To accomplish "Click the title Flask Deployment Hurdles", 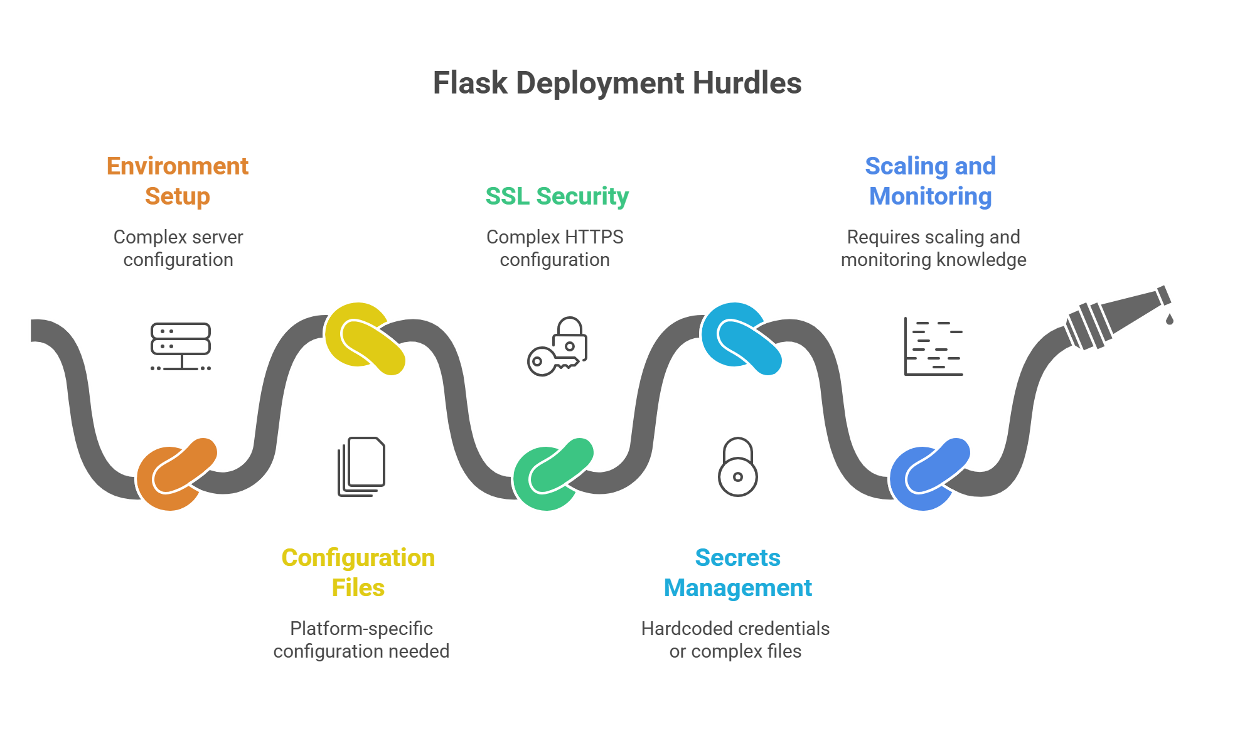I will click(617, 83).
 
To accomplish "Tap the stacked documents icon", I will click(362, 467).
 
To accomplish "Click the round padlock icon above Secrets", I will click(738, 467).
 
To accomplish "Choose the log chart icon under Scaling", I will click(933, 346).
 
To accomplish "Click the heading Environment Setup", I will click(178, 181).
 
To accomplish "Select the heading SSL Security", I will click(557, 196).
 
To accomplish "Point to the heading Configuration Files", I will click(358, 572).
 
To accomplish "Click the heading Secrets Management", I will click(738, 572).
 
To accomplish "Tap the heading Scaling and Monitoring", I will click(930, 181).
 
